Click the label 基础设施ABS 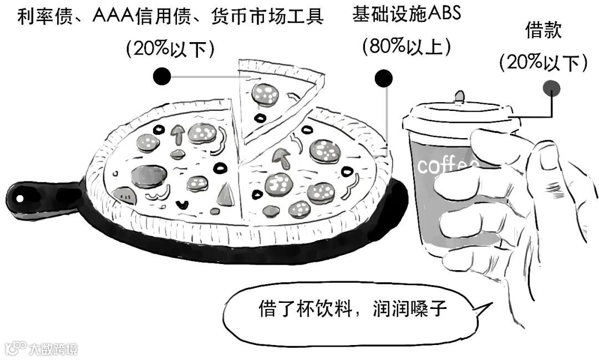pos(406,14)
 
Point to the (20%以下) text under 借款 pos(544,62)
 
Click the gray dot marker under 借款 pos(551,87)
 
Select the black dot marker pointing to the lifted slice pos(162,76)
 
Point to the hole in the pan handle pos(20,197)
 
